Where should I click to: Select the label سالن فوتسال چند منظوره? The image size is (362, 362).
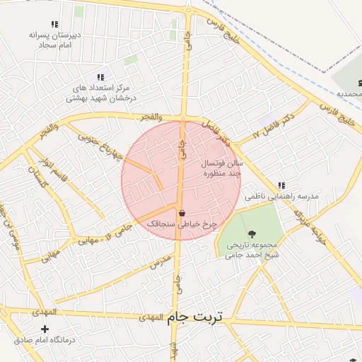point(223,168)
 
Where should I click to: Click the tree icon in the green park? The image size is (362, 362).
point(252,234)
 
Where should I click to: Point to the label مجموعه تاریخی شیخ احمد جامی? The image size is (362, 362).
point(252,250)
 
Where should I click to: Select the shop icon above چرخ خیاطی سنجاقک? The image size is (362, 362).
point(182,213)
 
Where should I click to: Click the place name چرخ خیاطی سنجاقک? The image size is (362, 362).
point(180,223)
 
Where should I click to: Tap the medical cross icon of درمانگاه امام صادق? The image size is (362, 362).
point(45,329)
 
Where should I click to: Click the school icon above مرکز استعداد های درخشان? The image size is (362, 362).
point(100,77)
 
